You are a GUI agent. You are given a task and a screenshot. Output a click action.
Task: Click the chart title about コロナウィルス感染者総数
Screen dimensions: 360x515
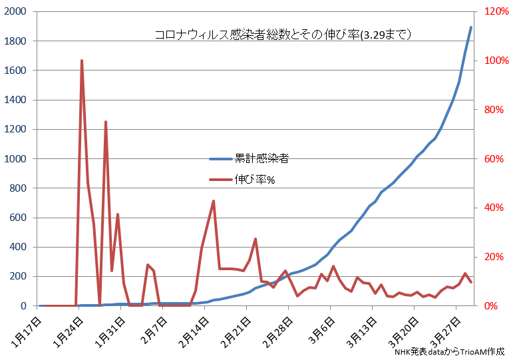pyautogui.click(x=282, y=34)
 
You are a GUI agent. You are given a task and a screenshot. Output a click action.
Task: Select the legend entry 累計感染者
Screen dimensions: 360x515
pyautogui.click(x=261, y=159)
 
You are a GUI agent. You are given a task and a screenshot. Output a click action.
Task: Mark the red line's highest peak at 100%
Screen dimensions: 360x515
pyautogui.click(x=82, y=61)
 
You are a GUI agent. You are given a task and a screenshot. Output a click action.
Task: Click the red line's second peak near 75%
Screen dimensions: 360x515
pyautogui.click(x=106, y=122)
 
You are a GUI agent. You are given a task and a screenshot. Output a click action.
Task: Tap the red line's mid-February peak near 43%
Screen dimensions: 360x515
pyautogui.click(x=213, y=201)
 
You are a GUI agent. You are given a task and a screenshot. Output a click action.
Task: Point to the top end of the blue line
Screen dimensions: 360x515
pyautogui.click(x=471, y=27)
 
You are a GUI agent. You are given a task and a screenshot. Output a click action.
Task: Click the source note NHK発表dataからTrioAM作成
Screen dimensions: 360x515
pyautogui.click(x=449, y=351)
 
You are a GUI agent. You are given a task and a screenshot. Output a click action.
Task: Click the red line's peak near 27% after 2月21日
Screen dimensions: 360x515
pyautogui.click(x=256, y=239)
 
